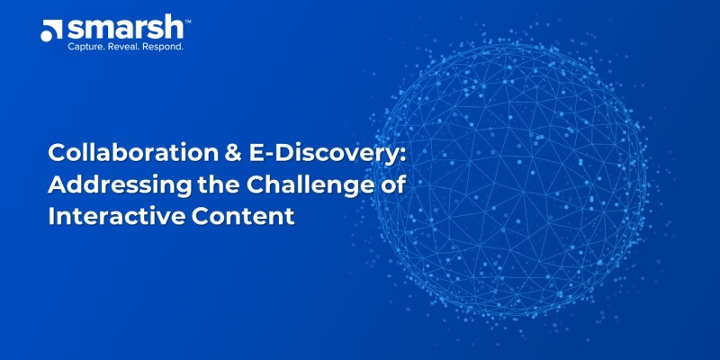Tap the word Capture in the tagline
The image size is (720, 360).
pyautogui.click(x=89, y=46)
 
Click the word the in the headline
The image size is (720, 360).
pyautogui.click(x=196, y=186)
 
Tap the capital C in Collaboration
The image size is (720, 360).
pyautogui.click(x=57, y=154)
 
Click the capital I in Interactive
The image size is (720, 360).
pyautogui.click(x=51, y=218)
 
